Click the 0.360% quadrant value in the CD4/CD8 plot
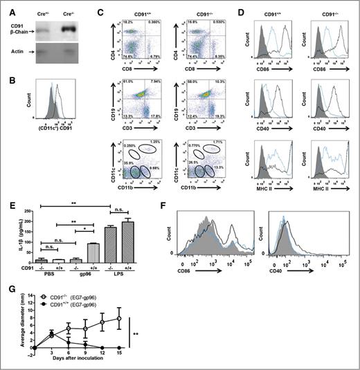pos(165,23)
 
